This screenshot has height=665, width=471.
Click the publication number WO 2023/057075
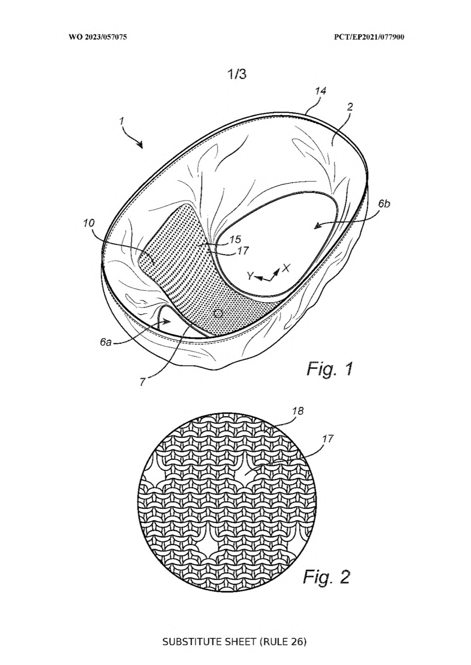coord(98,37)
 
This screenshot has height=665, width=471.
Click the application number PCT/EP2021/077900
coord(369,37)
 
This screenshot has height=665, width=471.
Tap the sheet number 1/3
coord(237,74)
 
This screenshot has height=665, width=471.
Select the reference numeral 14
coord(321,91)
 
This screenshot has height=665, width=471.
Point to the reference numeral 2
coord(350,107)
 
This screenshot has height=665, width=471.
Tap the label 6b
coord(384,204)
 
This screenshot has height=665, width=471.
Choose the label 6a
coord(106,342)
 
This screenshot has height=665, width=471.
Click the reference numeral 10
coord(89,223)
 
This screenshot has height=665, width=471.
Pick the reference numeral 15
coord(235,239)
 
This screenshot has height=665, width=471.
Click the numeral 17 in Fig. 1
coord(243,251)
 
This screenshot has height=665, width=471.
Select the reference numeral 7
coord(143,382)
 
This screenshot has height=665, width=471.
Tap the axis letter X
coord(286,268)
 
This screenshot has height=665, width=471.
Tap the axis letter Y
coord(250,277)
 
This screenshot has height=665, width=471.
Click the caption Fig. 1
coord(329,369)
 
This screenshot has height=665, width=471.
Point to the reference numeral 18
coord(298,411)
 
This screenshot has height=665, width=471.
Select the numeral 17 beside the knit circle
coord(328,438)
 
